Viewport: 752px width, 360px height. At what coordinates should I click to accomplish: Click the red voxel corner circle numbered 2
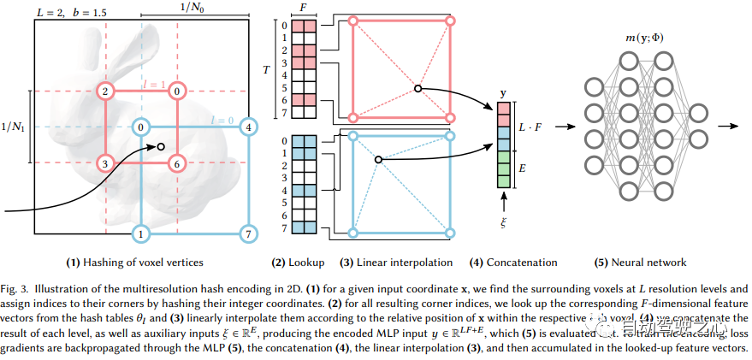tap(105, 91)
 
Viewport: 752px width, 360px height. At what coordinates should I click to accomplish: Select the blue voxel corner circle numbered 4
tap(247, 128)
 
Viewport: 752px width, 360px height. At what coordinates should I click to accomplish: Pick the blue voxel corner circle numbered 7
tap(247, 233)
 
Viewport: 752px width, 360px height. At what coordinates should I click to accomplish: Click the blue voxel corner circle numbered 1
tap(140, 233)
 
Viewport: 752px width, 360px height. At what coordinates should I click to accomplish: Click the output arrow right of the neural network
tap(729, 126)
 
